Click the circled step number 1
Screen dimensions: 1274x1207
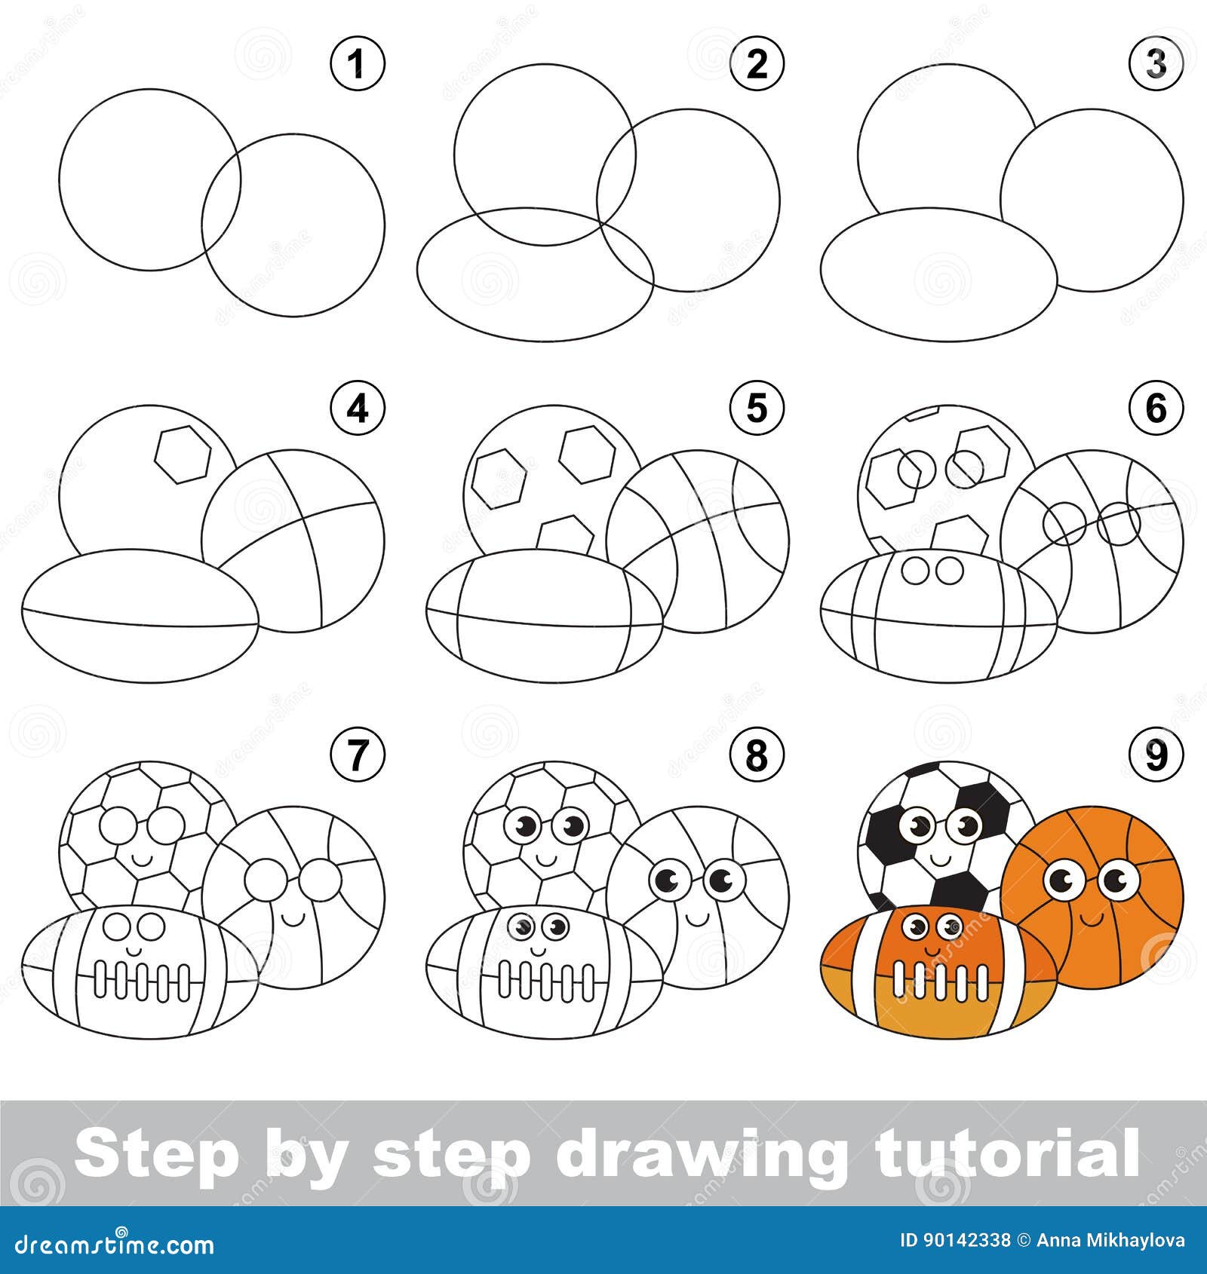[358, 63]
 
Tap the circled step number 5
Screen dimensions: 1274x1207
[757, 409]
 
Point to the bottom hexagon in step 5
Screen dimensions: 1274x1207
[566, 534]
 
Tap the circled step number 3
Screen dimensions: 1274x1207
[1156, 63]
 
